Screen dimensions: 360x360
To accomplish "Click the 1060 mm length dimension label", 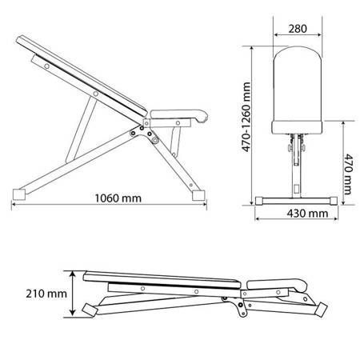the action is [x=118, y=198].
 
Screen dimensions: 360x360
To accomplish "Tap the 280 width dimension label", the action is [x=298, y=29].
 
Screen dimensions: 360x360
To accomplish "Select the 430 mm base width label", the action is [x=307, y=214].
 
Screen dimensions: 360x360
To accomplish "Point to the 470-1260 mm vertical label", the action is [x=246, y=117].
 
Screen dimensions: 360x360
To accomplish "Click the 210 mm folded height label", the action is [x=46, y=294].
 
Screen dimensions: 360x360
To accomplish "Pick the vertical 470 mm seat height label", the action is [x=348, y=174].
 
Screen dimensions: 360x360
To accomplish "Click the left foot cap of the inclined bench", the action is [x=19, y=194].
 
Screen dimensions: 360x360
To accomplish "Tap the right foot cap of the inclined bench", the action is [x=198, y=195].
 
